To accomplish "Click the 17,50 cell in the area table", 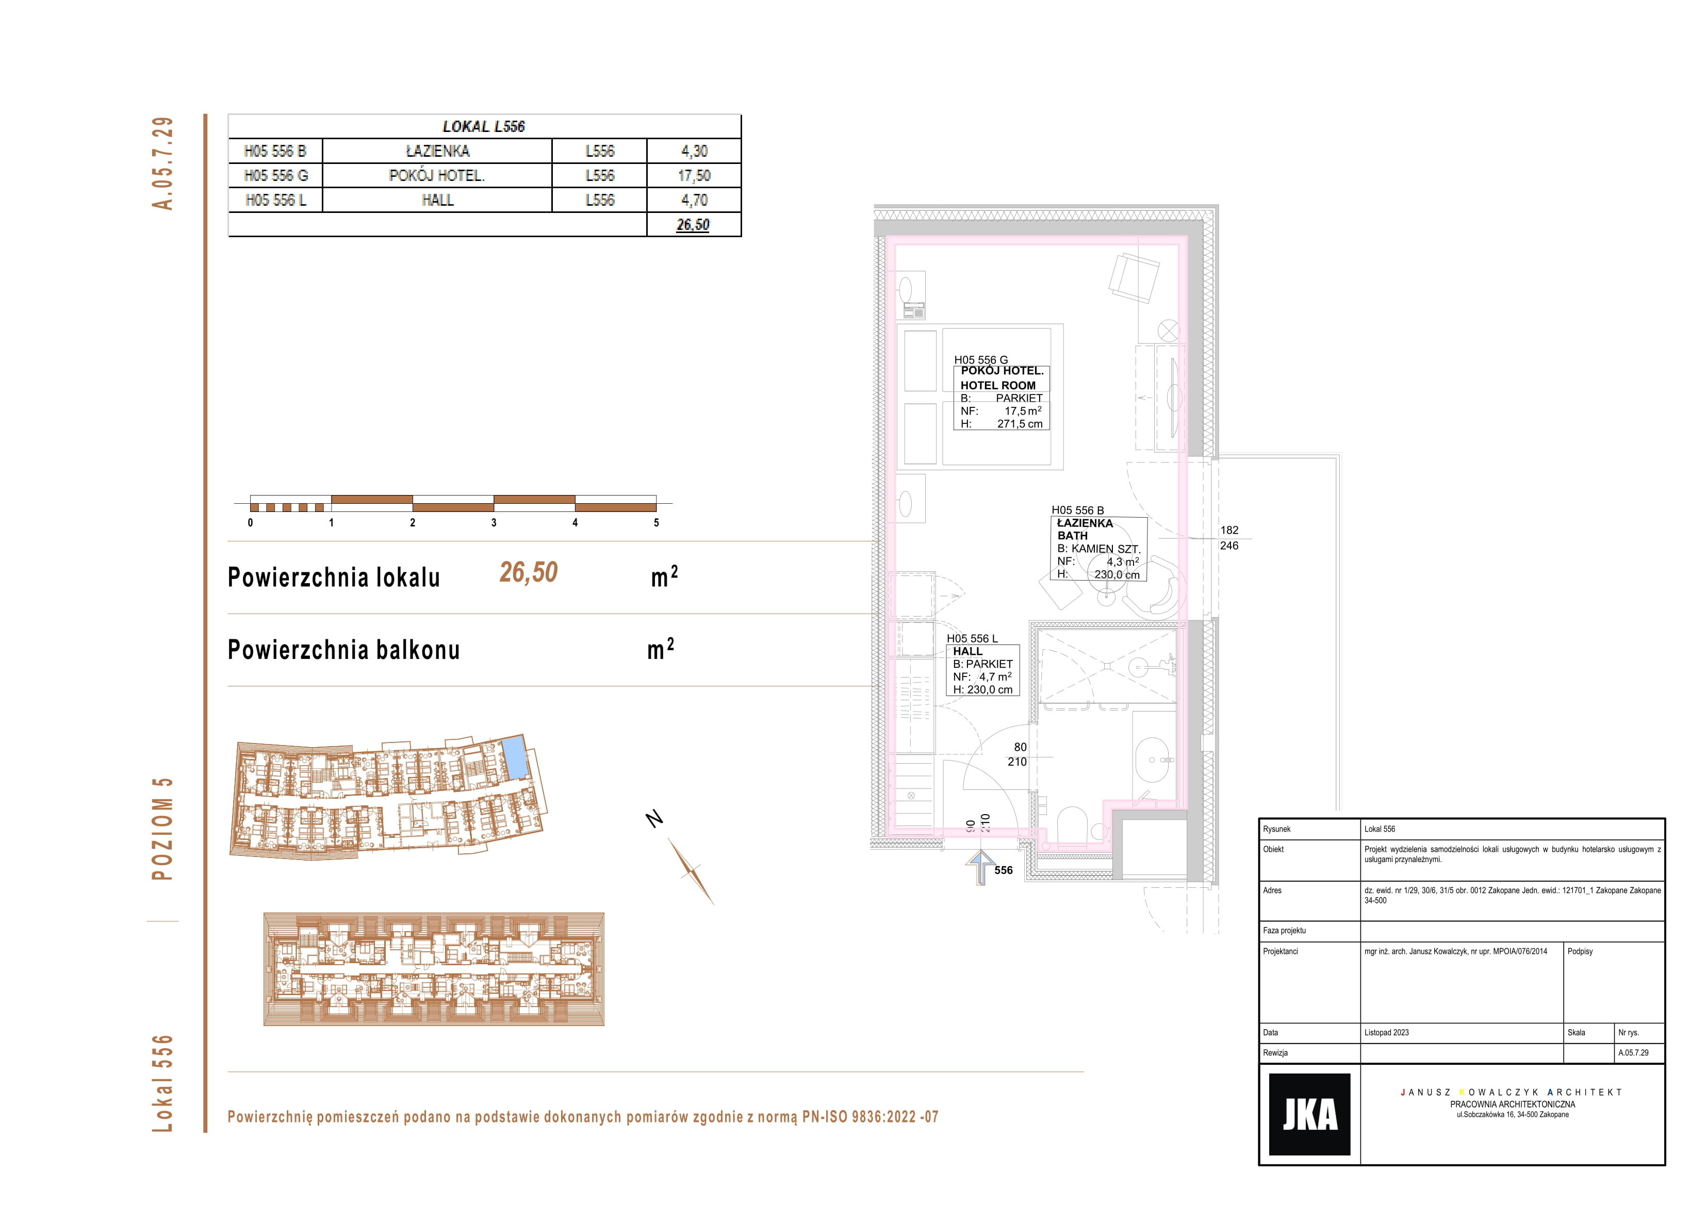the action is point(694,175).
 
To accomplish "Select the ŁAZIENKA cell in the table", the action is point(438,151).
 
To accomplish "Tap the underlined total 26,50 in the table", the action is point(693,224).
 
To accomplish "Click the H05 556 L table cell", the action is point(276,200).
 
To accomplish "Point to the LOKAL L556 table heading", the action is point(484,126).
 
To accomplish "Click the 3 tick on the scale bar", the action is point(494,522).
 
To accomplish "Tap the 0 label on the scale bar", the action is point(251,522).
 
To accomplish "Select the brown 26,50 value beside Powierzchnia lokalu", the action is point(528,572).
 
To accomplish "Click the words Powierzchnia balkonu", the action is point(343,650).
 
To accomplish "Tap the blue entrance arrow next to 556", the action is point(981,867).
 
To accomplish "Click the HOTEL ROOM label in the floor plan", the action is point(998,385).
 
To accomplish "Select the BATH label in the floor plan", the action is point(1072,535).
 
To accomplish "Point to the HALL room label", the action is point(967,651).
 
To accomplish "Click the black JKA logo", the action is point(1309,1114).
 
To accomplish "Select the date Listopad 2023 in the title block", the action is point(1386,1032).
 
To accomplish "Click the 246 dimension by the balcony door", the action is point(1229,546).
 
